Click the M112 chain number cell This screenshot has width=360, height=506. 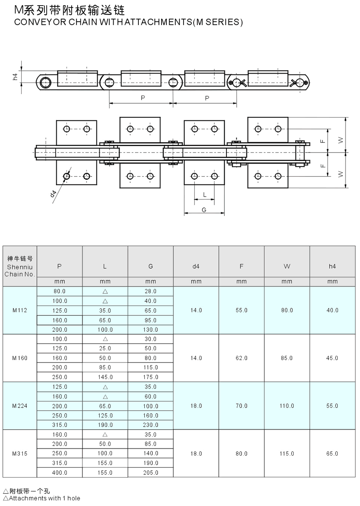coord(20,310)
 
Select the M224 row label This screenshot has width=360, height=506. coord(20,406)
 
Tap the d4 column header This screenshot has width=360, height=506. coord(196,266)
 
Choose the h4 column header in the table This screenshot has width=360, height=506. coord(332,266)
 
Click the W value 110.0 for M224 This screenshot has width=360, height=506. coord(287,406)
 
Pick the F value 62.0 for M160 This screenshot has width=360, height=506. coord(241,358)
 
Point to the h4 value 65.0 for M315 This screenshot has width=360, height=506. coord(332,454)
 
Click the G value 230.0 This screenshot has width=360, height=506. coord(150,425)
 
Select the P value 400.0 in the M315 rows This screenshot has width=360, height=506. coord(60,473)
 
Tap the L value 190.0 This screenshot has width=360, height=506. coord(105,425)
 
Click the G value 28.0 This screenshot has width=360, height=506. coord(150,291)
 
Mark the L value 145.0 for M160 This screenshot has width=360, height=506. coord(105,377)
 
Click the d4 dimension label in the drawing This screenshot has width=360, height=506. coord(53,194)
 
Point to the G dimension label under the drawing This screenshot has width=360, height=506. coord(204,210)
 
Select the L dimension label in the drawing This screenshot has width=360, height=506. coord(204,195)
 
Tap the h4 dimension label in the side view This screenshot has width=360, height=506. coord(15,76)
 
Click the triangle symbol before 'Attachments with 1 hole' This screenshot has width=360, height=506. coord(5,498)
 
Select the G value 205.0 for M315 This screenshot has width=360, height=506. coord(150,473)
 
